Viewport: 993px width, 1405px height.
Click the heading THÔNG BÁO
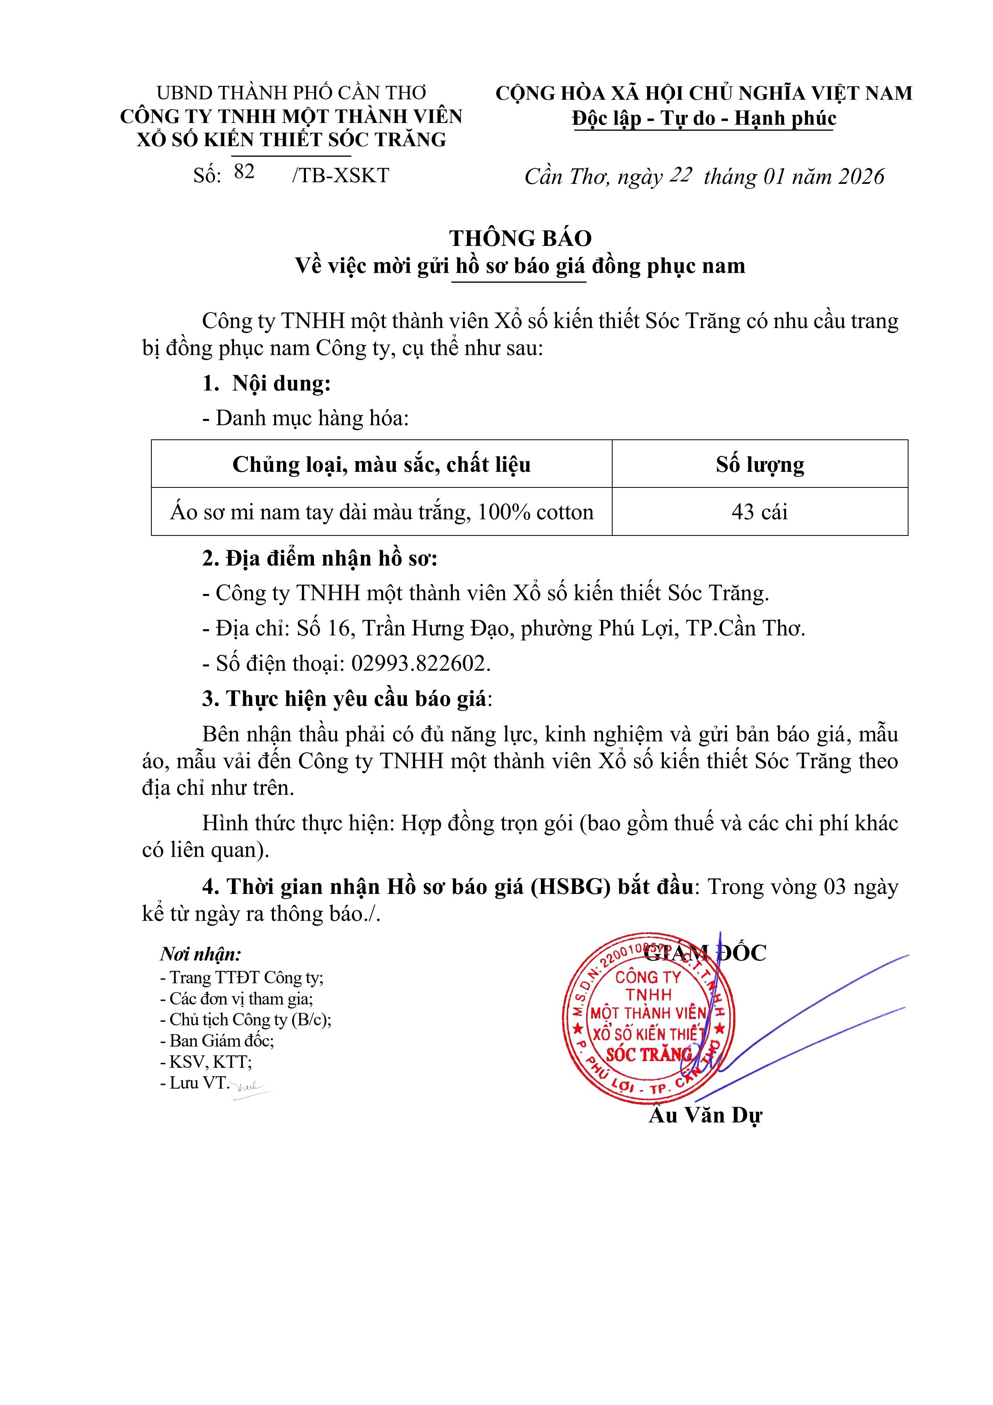(521, 238)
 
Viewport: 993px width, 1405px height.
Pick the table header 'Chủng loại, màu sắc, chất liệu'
(381, 465)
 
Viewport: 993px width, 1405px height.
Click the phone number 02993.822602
(420, 663)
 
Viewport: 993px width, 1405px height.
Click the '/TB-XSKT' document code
(341, 175)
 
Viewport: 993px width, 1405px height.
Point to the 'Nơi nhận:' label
(201, 954)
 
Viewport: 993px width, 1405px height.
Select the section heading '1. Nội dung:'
(267, 384)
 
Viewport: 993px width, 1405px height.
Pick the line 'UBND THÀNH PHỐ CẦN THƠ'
(291, 93)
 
